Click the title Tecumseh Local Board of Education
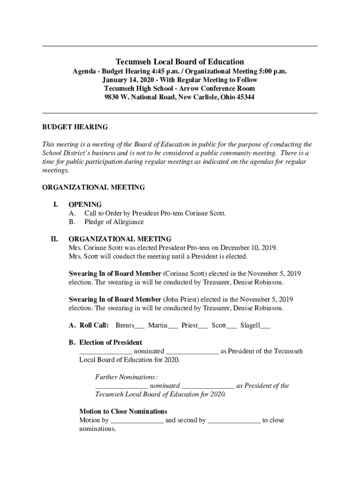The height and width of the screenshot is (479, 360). click(x=180, y=62)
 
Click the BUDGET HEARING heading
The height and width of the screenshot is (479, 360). click(x=75, y=127)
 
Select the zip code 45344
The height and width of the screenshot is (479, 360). click(x=245, y=97)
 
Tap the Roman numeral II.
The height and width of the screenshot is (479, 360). click(x=55, y=239)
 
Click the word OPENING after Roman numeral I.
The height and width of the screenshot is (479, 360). click(x=85, y=204)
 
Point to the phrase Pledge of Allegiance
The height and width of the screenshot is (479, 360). click(x=114, y=222)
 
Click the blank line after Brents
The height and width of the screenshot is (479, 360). click(x=139, y=326)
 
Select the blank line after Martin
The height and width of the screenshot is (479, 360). click(x=173, y=326)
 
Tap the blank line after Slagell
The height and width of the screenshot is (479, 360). click(x=265, y=326)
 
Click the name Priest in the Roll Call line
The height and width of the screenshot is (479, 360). click(x=189, y=325)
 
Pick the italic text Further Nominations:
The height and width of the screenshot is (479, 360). click(x=126, y=377)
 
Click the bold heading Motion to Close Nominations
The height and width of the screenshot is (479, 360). click(x=123, y=412)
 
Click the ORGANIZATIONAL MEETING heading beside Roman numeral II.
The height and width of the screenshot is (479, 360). click(x=120, y=239)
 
